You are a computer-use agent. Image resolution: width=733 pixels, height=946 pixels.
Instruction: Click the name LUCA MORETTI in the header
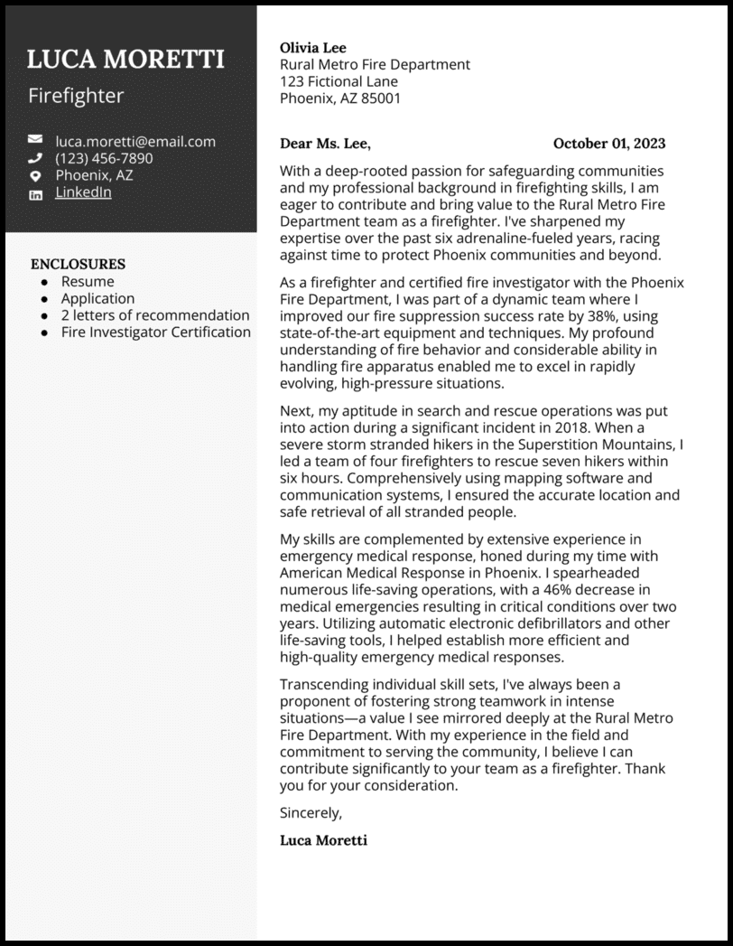click(x=125, y=60)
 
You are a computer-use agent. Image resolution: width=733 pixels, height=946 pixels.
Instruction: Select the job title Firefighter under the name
click(x=76, y=96)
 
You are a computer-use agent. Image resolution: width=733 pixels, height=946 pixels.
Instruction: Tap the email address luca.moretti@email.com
click(x=135, y=141)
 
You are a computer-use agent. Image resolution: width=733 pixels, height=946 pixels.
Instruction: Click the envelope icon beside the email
click(x=35, y=140)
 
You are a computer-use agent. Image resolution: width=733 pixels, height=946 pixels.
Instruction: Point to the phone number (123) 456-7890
click(x=104, y=158)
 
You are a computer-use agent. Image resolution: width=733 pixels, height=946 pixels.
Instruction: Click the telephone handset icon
click(x=35, y=158)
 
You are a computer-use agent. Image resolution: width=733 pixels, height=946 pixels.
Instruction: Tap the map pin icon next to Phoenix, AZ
click(x=35, y=175)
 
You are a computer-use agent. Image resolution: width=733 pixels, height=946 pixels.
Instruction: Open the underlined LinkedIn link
click(x=83, y=192)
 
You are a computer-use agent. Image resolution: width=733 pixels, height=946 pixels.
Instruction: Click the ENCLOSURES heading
click(x=78, y=264)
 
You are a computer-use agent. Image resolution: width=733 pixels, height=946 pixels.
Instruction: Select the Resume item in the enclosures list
click(x=88, y=281)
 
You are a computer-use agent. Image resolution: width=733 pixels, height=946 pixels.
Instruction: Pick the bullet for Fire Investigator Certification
click(x=44, y=333)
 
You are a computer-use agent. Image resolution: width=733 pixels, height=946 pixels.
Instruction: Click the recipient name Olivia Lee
click(x=312, y=48)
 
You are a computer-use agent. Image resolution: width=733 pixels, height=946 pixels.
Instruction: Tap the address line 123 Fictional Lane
click(x=339, y=81)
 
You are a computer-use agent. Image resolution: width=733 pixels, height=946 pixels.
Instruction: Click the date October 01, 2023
click(x=608, y=143)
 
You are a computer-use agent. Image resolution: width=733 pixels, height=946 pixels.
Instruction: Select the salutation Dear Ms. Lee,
click(x=325, y=143)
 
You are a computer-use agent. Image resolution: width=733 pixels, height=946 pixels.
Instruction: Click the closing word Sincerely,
click(x=311, y=812)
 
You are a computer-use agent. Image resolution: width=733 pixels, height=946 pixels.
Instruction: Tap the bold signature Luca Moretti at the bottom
click(x=323, y=840)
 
